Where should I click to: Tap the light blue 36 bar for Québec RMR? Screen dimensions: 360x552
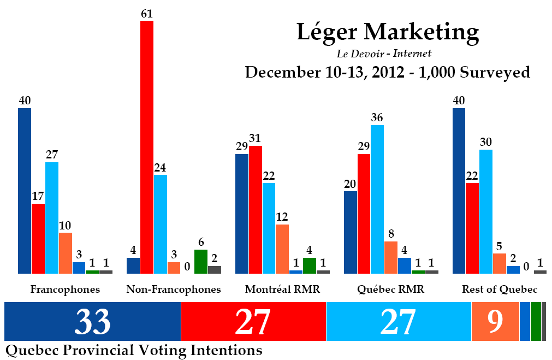pyautogui.click(x=377, y=199)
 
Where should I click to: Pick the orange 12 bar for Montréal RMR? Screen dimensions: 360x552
pyautogui.click(x=282, y=249)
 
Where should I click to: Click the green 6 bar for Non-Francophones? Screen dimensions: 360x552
pyautogui.click(x=201, y=261)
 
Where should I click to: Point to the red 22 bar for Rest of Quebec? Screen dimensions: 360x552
pyautogui.click(x=472, y=228)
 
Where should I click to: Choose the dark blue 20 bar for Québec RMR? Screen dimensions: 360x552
pyautogui.click(x=351, y=232)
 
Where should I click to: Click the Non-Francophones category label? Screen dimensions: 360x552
pyautogui.click(x=174, y=289)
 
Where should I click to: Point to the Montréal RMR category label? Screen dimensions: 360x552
pyautogui.click(x=282, y=289)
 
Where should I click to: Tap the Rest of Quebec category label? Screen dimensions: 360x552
pyautogui.click(x=500, y=289)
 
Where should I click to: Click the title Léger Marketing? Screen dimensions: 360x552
pyautogui.click(x=388, y=32)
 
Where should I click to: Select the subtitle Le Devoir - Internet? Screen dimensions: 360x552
pyautogui.click(x=385, y=54)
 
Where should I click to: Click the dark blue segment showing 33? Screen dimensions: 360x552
pyautogui.click(x=92, y=321)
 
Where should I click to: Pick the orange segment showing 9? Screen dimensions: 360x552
pyautogui.click(x=495, y=321)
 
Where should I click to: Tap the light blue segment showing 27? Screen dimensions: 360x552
pyautogui.click(x=399, y=321)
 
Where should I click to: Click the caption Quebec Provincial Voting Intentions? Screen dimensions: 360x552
pyautogui.click(x=134, y=350)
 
